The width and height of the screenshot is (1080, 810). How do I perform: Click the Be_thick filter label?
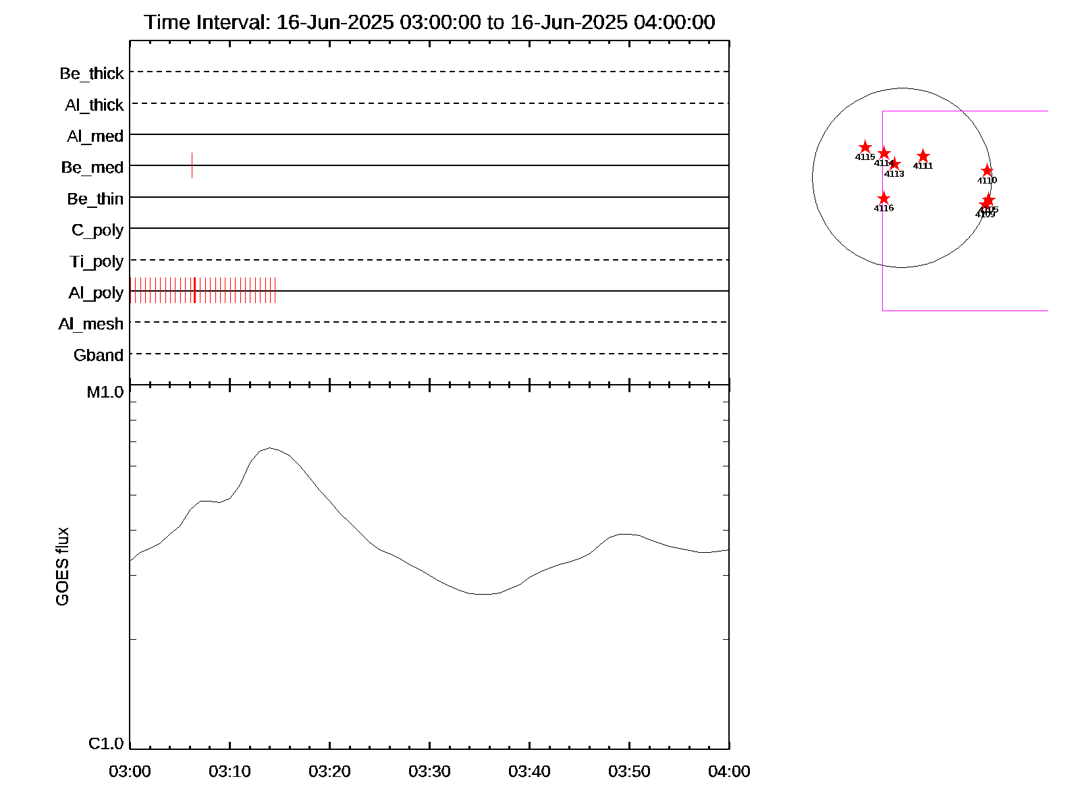tap(92, 74)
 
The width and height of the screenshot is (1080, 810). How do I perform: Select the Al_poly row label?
tap(96, 293)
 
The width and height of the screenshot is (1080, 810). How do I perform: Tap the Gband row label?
tap(99, 356)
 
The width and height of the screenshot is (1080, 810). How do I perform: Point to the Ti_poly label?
tap(97, 262)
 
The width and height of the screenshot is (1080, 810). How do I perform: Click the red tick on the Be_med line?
tap(192, 165)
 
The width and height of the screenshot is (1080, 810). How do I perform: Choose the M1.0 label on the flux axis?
tap(105, 392)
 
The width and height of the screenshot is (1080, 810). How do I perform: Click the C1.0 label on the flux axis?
tap(106, 744)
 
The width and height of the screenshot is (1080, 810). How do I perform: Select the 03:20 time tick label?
tap(329, 772)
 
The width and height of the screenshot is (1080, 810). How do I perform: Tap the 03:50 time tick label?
tap(629, 772)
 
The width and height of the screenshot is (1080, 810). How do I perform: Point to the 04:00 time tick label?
tap(729, 772)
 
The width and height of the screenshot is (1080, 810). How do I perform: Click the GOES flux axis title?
tap(62, 566)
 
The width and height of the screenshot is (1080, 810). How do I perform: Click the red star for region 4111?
tap(923, 157)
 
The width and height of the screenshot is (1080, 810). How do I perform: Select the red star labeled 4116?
tap(884, 198)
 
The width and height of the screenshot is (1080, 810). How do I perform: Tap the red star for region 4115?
tap(865, 147)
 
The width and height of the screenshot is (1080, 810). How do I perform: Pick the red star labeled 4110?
tap(987, 171)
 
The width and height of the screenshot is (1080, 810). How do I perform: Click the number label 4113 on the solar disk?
tap(894, 174)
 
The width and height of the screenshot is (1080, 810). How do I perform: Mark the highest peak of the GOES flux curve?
tap(270, 448)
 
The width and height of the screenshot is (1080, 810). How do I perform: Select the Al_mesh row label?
tap(91, 325)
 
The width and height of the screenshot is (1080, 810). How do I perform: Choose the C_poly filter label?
tap(97, 230)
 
